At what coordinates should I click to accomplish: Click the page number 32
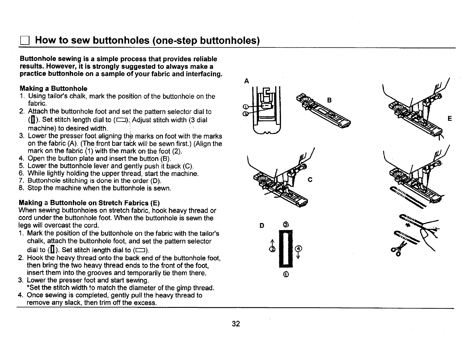236,324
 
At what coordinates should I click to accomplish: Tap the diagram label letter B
329,100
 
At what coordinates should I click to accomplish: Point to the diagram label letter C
310,180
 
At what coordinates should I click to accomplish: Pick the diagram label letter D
261,226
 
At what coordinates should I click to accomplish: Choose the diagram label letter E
450,119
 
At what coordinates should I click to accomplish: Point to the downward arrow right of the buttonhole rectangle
299,255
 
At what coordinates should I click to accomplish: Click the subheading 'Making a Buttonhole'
53,89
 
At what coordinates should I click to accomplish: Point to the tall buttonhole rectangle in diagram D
285,249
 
